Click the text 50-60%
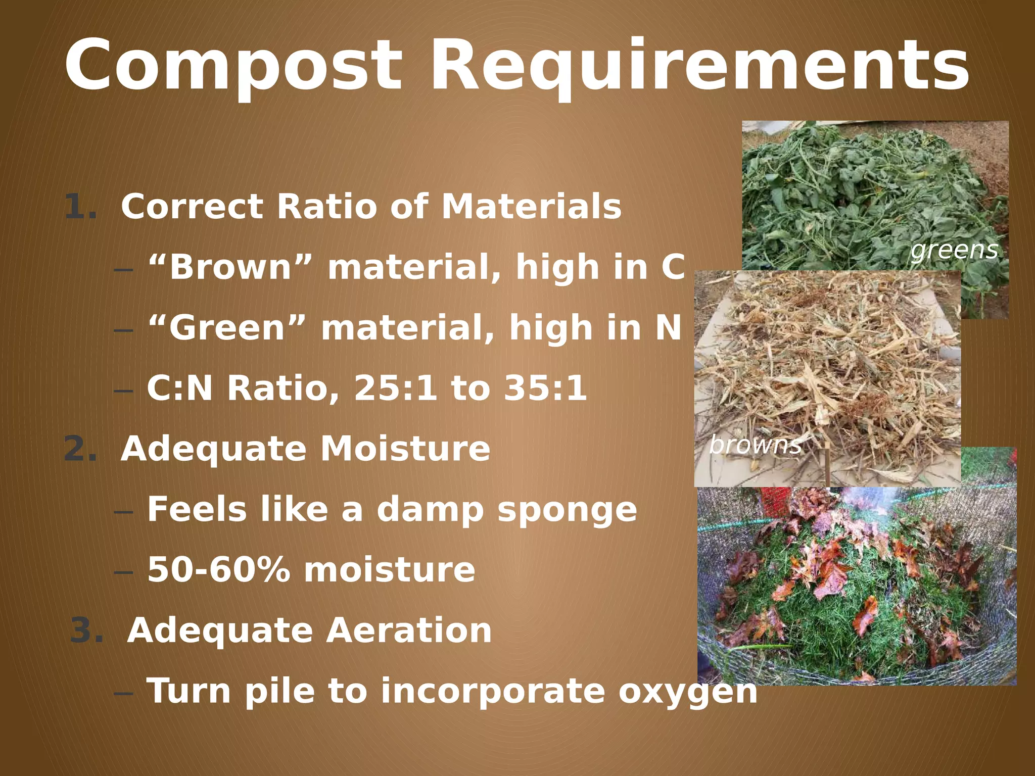(219, 570)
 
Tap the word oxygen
(688, 692)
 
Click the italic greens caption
(954, 250)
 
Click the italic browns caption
(755, 445)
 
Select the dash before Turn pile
(124, 693)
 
